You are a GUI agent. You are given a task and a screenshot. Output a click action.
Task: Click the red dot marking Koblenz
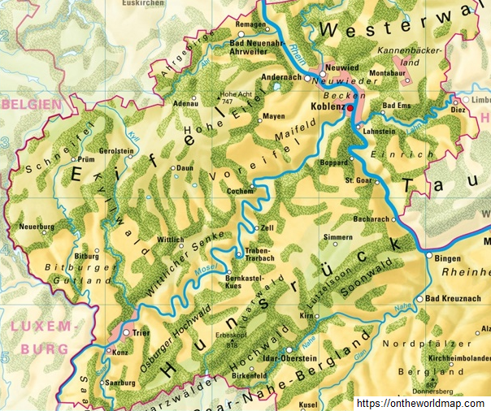[350, 106]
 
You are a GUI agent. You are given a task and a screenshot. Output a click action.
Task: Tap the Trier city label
[141, 333]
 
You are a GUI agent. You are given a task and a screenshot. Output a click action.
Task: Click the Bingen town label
[448, 257]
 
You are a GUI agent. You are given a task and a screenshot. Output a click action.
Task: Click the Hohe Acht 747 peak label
[234, 97]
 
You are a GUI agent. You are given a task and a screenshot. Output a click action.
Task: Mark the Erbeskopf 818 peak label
[230, 340]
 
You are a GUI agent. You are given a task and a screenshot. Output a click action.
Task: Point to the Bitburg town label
[87, 255]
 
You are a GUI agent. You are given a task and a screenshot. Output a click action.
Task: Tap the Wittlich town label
[171, 240]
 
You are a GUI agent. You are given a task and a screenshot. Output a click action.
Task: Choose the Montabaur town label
[386, 73]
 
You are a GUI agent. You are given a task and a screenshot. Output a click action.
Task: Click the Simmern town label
[338, 237]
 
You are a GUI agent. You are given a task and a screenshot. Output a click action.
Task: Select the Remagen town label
[250, 25]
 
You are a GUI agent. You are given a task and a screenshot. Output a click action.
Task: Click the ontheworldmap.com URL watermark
[423, 402]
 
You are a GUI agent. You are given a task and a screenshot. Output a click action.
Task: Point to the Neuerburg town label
[36, 226]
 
